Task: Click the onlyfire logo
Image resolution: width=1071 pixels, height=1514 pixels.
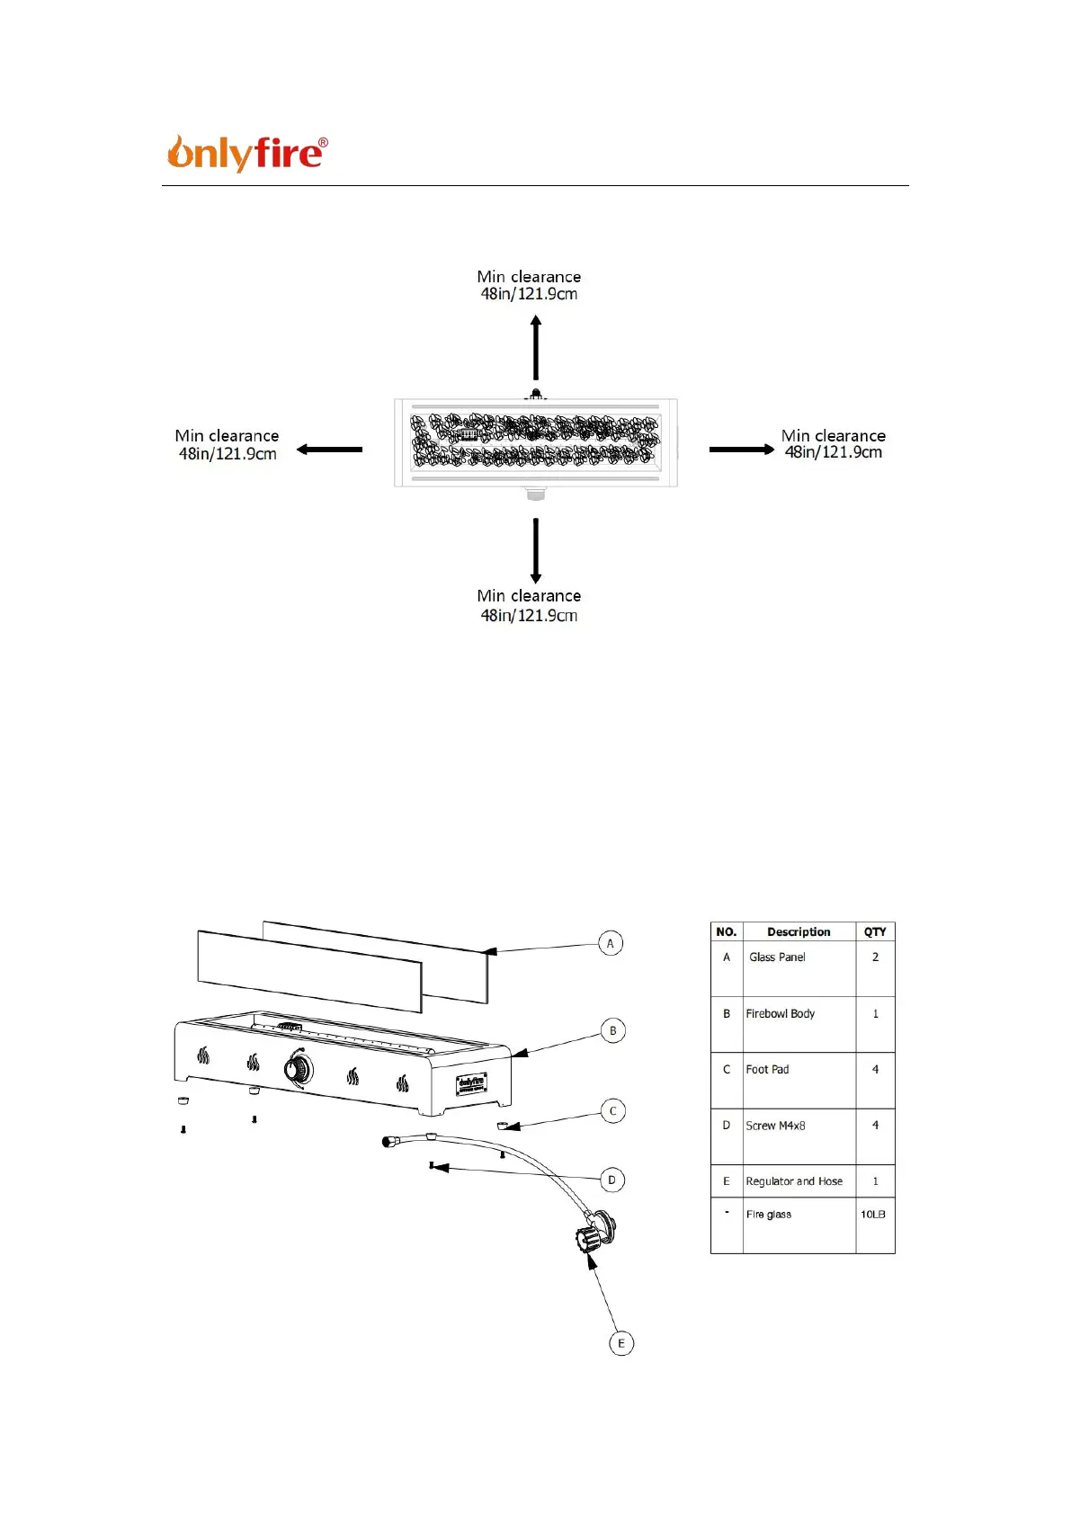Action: click(x=247, y=153)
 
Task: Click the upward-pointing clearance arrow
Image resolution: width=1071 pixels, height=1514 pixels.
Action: click(x=536, y=348)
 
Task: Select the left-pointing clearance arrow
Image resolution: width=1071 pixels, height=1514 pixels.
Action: click(x=330, y=450)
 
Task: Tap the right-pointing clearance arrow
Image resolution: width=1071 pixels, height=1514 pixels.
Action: click(x=741, y=450)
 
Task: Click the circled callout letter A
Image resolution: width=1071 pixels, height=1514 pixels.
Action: click(x=611, y=943)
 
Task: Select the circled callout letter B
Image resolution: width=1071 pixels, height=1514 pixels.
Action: click(x=613, y=1030)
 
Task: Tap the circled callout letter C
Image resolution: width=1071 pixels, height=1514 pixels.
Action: click(x=613, y=1111)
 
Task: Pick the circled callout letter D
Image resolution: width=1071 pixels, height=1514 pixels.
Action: click(x=612, y=1180)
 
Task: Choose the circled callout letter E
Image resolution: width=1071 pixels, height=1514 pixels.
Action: click(x=621, y=1343)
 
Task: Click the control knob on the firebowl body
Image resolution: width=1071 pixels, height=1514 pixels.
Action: click(x=299, y=1069)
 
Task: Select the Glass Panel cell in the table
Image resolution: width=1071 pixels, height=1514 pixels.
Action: click(x=778, y=957)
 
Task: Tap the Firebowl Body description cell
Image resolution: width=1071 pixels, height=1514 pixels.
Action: click(x=781, y=1014)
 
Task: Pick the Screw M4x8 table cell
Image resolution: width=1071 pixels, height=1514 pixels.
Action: click(x=776, y=1126)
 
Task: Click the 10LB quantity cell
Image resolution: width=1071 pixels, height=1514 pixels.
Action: click(x=873, y=1215)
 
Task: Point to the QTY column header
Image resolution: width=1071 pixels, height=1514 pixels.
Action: click(x=875, y=932)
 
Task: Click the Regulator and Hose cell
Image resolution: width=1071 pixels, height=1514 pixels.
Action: click(x=794, y=1181)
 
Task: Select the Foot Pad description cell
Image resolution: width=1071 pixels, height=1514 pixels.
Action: click(x=768, y=1070)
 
